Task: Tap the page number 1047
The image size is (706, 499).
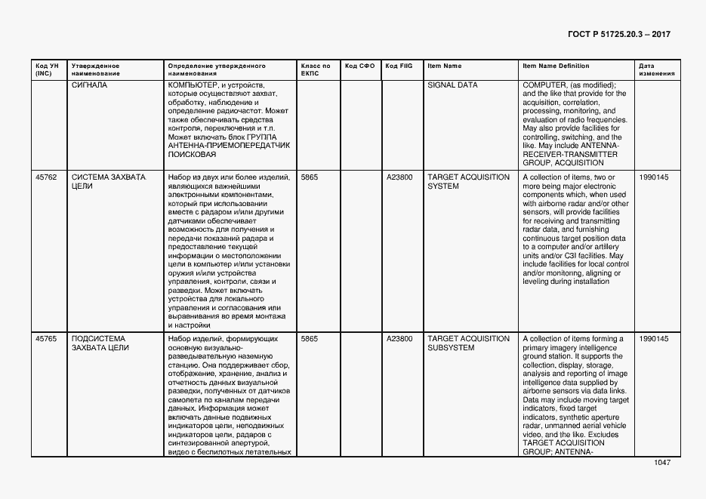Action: click(661, 463)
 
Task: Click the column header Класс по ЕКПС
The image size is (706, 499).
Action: click(315, 69)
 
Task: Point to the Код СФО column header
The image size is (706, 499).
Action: click(359, 66)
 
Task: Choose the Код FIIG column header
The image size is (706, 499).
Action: click(399, 66)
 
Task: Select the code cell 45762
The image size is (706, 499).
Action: click(46, 177)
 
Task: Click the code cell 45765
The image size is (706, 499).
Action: click(46, 339)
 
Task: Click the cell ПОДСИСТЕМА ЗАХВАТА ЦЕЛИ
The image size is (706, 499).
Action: click(100, 343)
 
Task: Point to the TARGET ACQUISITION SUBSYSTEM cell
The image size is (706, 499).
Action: click(468, 343)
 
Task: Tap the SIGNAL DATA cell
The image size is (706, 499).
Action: click(452, 85)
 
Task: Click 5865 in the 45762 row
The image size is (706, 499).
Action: click(310, 177)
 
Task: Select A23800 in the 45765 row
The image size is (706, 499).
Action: click(399, 339)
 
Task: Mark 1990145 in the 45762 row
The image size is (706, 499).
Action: click(653, 177)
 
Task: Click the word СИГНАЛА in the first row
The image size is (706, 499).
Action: click(89, 85)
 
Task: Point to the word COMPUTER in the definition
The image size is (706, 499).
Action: click(544, 85)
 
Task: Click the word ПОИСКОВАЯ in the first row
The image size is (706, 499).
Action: click(193, 154)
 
